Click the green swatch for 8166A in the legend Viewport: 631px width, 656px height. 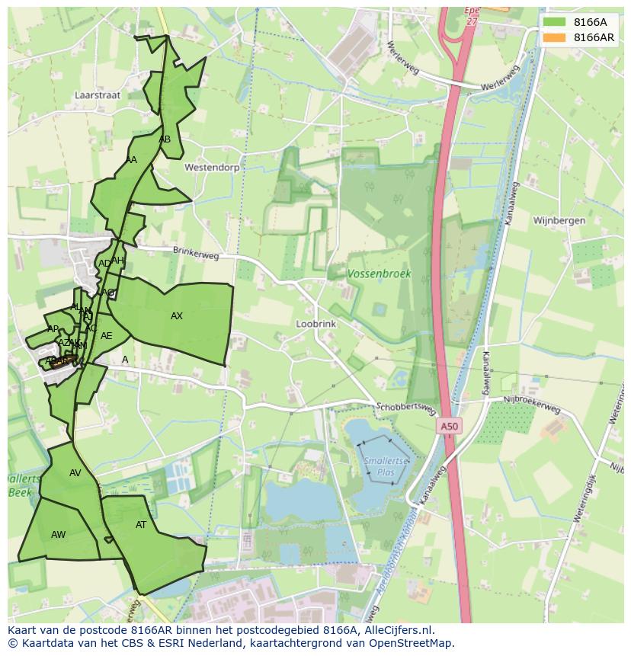pos(554,22)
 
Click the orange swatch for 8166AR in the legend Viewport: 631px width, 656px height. pos(554,37)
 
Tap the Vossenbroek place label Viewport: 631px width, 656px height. pos(379,274)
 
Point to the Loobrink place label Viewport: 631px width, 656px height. pos(315,324)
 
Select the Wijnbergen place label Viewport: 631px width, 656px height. pos(559,221)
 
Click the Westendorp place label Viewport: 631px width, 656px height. pos(212,167)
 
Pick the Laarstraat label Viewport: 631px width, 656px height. pos(98,96)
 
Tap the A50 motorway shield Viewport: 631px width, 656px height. pos(449,427)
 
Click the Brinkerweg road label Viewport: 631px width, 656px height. pos(195,252)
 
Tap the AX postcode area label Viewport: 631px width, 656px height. pos(177,316)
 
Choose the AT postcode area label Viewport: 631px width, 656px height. pos(141,525)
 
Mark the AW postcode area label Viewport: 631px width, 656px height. pos(59,535)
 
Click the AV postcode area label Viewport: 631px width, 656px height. pos(75,473)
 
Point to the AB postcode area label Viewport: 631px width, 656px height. pos(165,139)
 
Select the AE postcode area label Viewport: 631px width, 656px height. pos(107,336)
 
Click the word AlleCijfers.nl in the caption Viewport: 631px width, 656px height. pos(397,630)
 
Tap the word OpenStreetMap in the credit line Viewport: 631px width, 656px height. pos(415,643)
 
